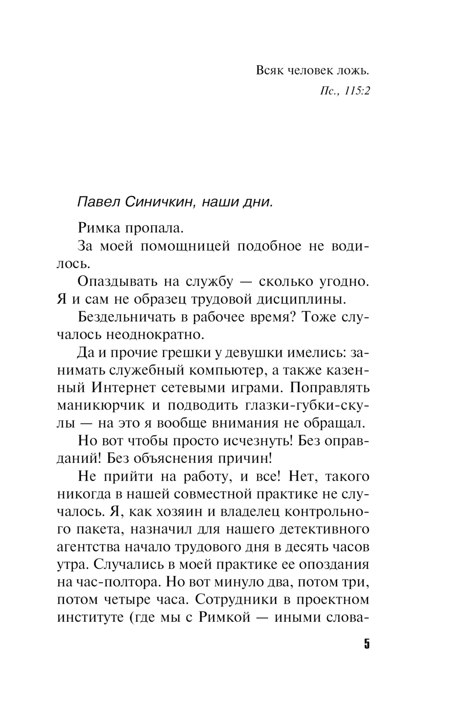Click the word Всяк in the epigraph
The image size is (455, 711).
pos(269,71)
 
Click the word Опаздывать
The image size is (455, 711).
pos(116,281)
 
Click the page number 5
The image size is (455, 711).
pos(367,645)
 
